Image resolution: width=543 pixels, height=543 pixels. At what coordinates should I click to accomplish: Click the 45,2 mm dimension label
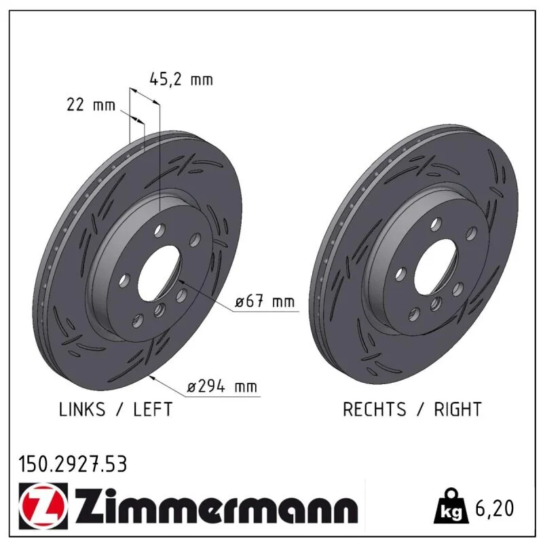[x=181, y=79]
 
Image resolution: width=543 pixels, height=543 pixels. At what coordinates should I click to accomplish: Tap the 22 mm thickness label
[x=91, y=105]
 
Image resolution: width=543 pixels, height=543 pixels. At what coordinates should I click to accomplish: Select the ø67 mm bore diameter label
[x=265, y=301]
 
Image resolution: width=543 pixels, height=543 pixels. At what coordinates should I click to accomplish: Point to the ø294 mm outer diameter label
[x=222, y=386]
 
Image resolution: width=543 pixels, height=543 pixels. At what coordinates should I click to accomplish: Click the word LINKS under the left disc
[x=82, y=409]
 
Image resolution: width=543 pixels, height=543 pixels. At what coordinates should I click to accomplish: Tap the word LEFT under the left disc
[x=153, y=409]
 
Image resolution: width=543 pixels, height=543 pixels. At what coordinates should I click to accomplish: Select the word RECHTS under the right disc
[x=375, y=409]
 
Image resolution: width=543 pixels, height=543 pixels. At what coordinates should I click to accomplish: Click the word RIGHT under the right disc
[x=457, y=409]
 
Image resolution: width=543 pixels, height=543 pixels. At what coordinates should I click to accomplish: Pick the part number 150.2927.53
[x=73, y=464]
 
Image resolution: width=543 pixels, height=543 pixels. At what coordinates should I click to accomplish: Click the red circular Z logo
[x=43, y=506]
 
